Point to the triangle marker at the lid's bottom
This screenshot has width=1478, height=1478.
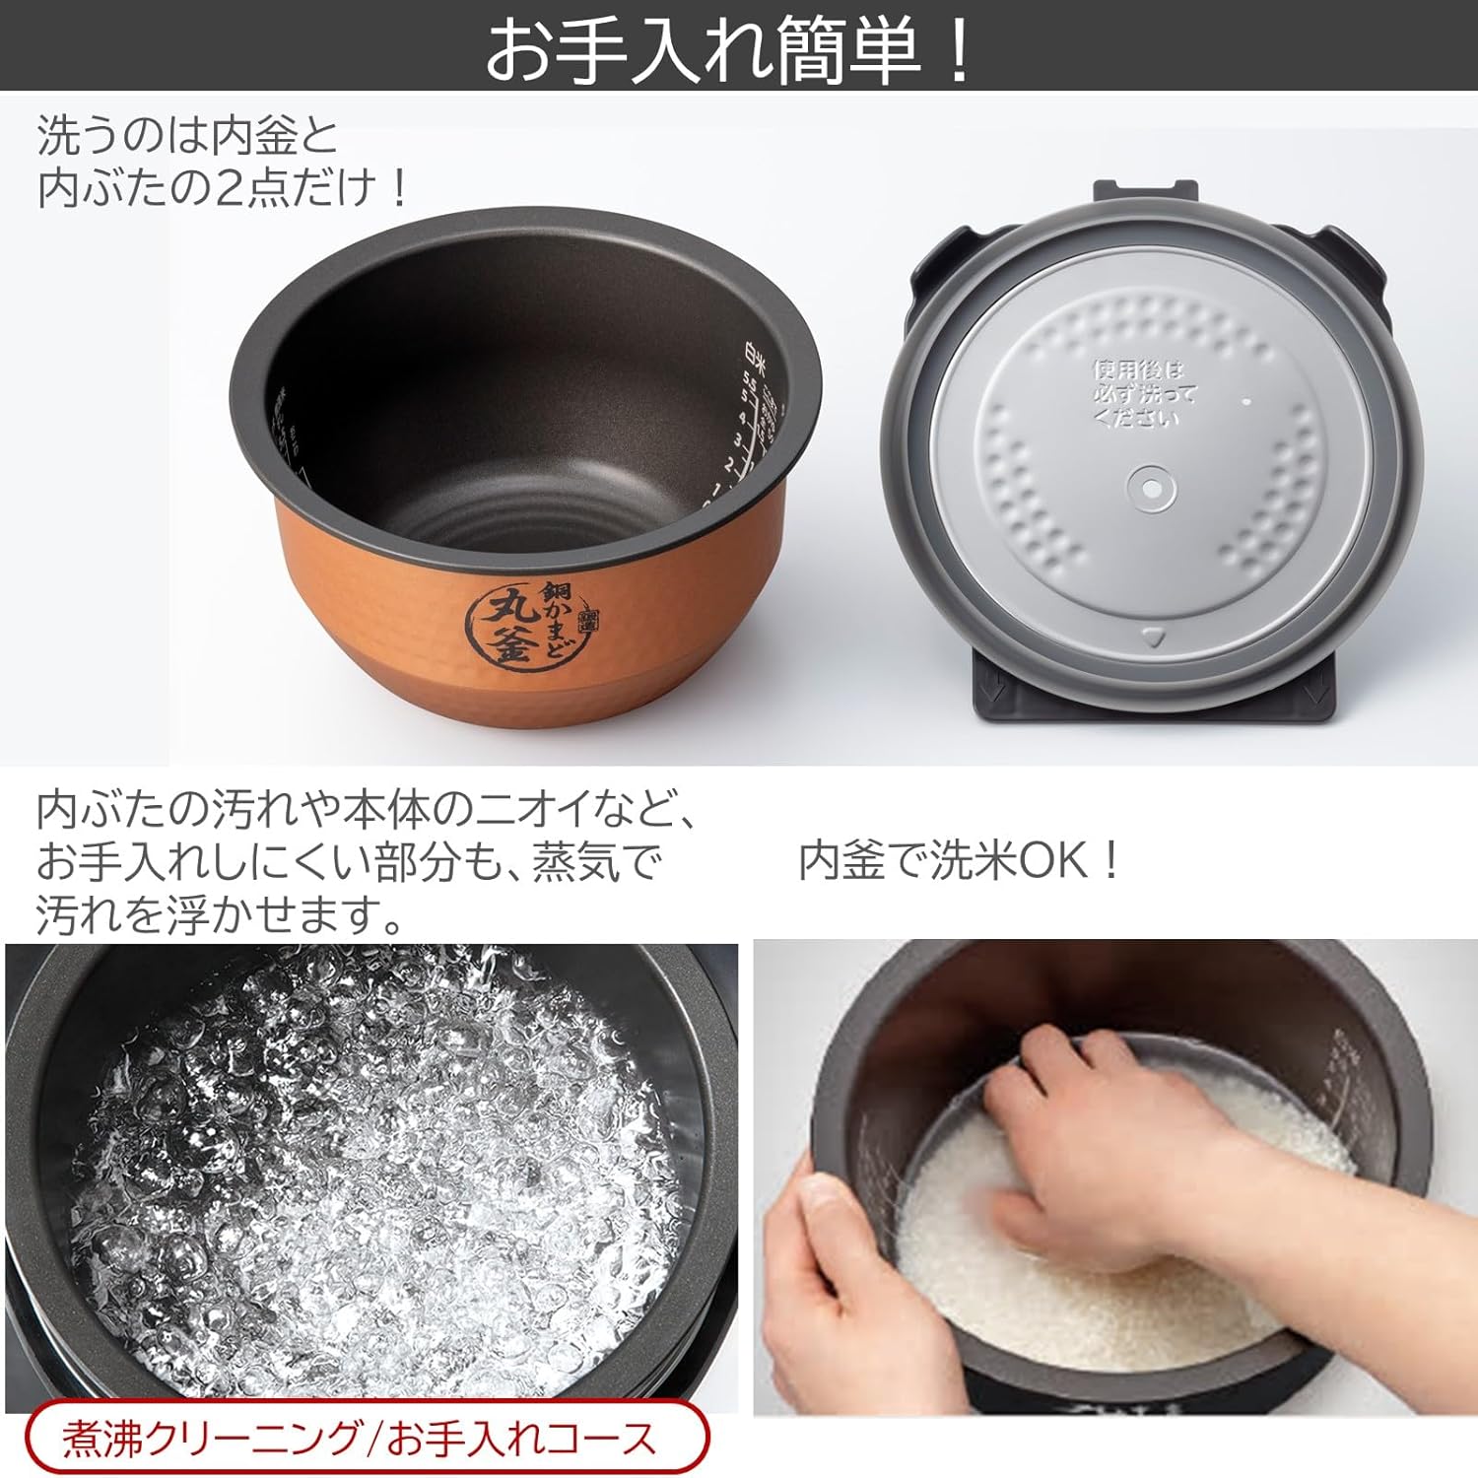pyautogui.click(x=1151, y=638)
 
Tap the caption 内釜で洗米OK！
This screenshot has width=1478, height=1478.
pyautogui.click(x=961, y=860)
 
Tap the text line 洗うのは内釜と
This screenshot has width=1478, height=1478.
pyautogui.click(x=187, y=136)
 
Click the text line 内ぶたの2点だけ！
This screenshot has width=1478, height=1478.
pyautogui.click(x=222, y=187)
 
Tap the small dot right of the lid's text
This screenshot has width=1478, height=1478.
pyautogui.click(x=1246, y=401)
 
